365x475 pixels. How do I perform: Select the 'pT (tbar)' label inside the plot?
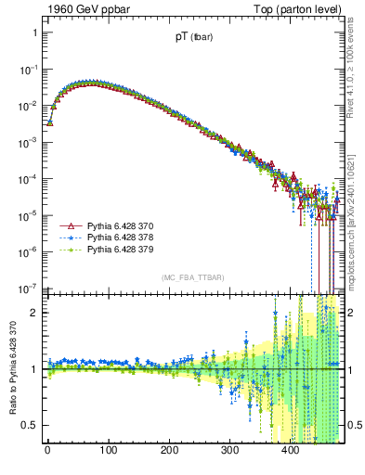[192, 38]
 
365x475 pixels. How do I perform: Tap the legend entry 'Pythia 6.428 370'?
[118, 225]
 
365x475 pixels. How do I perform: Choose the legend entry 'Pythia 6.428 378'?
[118, 237]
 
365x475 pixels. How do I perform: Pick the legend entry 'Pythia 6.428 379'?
[118, 250]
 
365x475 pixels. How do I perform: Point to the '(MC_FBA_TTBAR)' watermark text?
[192, 277]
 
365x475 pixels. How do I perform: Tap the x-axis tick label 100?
[108, 452]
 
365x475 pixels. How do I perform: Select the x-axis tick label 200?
[169, 452]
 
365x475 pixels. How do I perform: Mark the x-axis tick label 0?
[47, 452]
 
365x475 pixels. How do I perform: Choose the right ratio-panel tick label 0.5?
[353, 425]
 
